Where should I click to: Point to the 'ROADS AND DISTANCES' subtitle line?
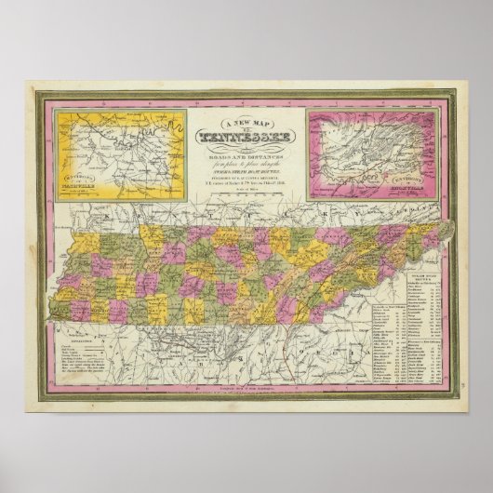[x=246, y=154]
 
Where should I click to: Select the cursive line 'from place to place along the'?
[x=246, y=163]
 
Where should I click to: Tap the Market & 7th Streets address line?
[x=246, y=185]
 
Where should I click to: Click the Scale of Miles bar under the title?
[x=246, y=193]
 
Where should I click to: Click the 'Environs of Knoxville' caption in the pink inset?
[x=408, y=177]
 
